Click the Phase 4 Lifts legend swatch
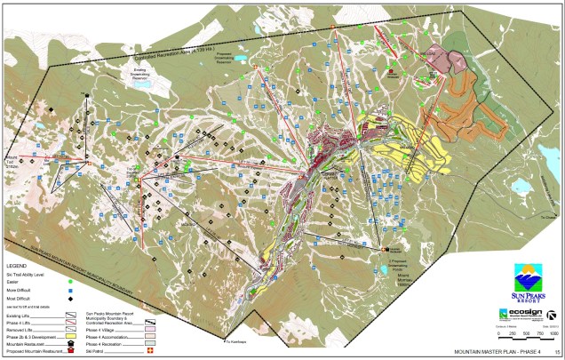click(x=70, y=321)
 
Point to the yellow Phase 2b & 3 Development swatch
click(x=70, y=336)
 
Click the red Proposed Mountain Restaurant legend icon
click(x=70, y=350)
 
